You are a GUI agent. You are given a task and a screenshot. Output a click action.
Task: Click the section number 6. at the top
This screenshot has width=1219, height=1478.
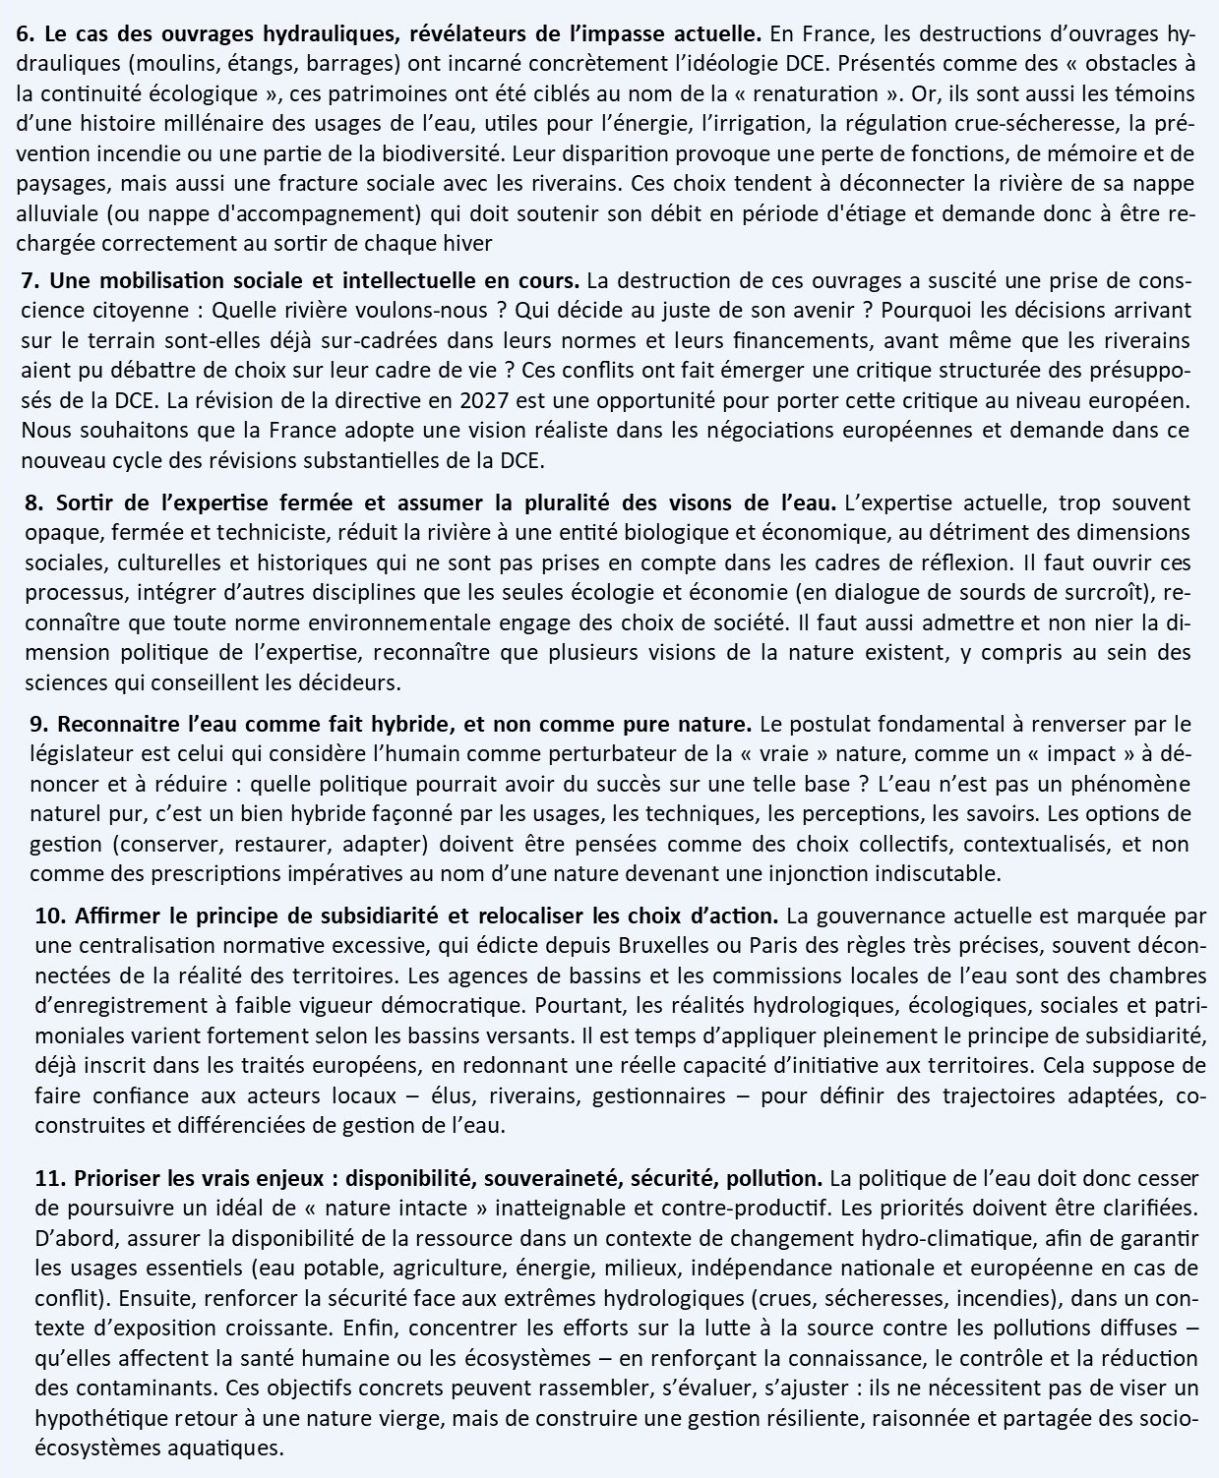27,34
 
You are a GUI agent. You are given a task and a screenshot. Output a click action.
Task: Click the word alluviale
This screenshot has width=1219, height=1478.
55,214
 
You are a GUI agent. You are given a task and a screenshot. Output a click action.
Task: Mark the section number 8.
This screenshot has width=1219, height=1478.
35,503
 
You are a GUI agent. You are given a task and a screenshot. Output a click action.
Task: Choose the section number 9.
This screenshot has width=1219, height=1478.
39,725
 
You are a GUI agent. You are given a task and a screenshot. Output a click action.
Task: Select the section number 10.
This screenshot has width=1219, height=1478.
49,916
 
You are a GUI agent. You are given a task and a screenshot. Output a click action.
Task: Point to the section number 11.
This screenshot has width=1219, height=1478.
49,1177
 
